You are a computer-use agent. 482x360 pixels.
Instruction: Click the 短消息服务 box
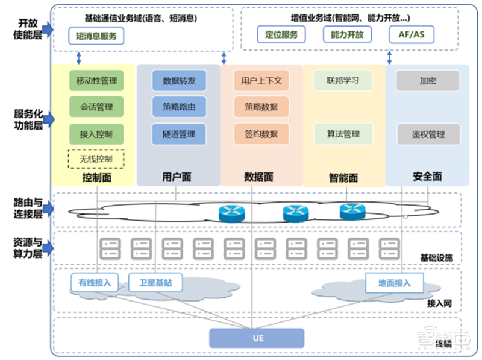point(96,36)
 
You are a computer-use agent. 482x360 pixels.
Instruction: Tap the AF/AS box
point(411,34)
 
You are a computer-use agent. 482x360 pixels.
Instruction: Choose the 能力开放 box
point(347,34)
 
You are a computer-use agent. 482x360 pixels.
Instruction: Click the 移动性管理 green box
point(96,80)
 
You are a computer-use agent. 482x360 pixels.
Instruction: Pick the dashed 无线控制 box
point(96,159)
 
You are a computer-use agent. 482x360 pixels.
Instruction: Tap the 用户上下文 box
point(261,80)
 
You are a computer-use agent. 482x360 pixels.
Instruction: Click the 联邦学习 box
point(343,80)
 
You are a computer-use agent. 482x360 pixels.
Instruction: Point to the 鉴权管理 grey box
point(428,134)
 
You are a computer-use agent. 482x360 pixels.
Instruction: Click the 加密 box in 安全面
point(428,80)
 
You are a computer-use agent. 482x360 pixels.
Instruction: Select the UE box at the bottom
point(257,338)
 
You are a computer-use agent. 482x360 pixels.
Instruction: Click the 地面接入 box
point(395,282)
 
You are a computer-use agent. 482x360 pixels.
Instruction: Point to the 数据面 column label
point(258,177)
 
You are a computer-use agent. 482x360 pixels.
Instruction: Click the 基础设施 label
point(436,258)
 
